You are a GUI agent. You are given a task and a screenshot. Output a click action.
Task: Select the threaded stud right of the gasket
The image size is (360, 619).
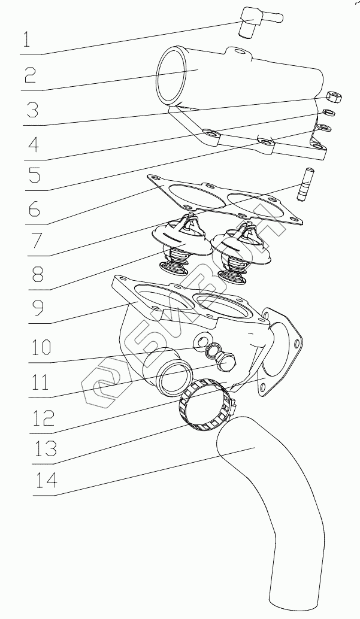(x=304, y=185)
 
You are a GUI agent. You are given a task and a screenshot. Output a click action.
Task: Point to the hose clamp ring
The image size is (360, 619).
(x=204, y=407)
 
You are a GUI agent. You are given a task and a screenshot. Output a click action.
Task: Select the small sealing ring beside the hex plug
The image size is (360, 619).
(x=211, y=350)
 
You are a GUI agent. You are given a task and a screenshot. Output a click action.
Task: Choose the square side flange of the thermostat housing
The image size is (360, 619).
(x=282, y=353)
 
